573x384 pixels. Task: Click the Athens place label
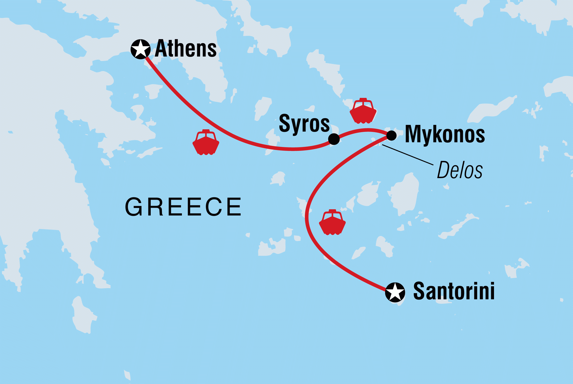pyautogui.click(x=186, y=49)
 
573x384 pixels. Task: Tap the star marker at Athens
pyautogui.click(x=140, y=49)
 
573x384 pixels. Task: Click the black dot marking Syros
pyautogui.click(x=334, y=139)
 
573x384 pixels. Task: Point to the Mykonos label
pyautogui.click(x=445, y=134)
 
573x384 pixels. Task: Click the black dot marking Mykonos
pyautogui.click(x=391, y=135)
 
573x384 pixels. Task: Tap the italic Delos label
pyautogui.click(x=460, y=170)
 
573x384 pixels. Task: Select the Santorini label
pyautogui.click(x=454, y=291)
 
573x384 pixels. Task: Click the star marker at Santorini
pyautogui.click(x=395, y=292)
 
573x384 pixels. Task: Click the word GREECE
pyautogui.click(x=183, y=207)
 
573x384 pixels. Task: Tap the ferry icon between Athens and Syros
pyautogui.click(x=206, y=143)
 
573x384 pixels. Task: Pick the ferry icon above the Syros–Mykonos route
pyautogui.click(x=363, y=111)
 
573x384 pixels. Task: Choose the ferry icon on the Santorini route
pyautogui.click(x=332, y=223)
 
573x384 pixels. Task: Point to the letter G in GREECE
pyautogui.click(x=134, y=207)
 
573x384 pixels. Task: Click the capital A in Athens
pyautogui.click(x=161, y=49)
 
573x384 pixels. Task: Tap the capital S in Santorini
pyautogui.click(x=419, y=291)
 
